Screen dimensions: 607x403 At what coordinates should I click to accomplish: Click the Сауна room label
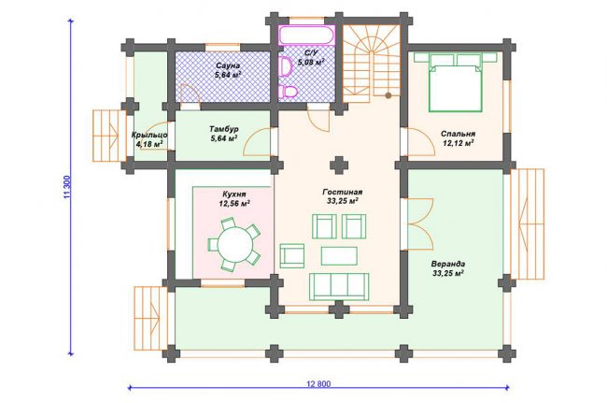click(228, 65)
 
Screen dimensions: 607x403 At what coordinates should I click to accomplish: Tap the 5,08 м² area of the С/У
click(311, 62)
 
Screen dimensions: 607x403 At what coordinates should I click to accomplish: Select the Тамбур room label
click(224, 129)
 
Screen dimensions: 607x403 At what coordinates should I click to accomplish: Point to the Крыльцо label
click(149, 136)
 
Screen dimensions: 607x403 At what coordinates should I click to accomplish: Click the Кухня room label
click(233, 194)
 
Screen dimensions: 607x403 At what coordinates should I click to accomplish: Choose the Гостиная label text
click(342, 193)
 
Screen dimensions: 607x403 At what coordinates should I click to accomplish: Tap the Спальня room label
click(458, 134)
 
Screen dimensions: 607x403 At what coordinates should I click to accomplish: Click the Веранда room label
click(448, 264)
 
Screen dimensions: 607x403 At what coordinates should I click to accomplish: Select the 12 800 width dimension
click(318, 384)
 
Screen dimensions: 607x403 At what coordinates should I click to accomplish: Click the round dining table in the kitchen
click(234, 244)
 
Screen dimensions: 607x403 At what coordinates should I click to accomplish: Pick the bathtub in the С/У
click(306, 36)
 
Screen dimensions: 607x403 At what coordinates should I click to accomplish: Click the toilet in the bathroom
click(288, 92)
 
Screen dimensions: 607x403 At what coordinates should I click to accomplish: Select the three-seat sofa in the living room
click(339, 286)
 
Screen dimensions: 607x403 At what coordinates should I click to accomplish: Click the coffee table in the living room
click(339, 256)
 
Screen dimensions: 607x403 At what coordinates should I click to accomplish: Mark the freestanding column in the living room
click(339, 166)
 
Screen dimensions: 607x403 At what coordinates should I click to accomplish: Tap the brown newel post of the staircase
click(388, 95)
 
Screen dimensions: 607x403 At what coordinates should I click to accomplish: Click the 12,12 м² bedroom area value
click(459, 143)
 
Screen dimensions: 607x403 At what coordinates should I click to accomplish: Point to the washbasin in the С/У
click(286, 66)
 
